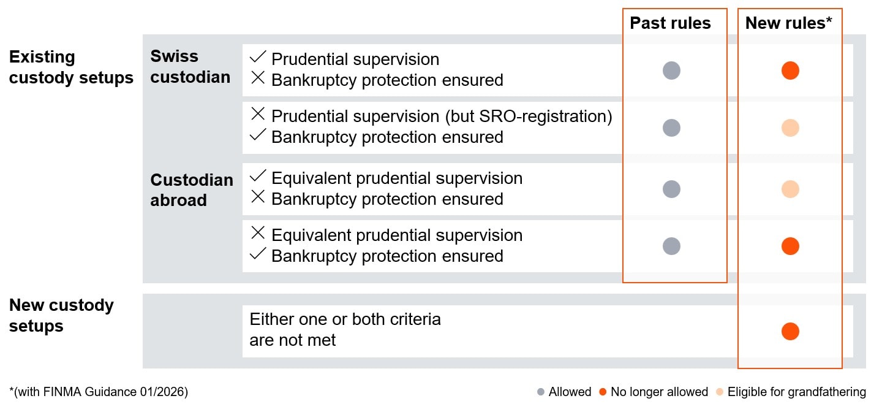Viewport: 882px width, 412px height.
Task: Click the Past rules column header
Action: [670, 23]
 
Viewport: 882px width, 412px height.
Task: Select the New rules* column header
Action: [788, 23]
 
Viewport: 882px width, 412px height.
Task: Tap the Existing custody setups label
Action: [71, 67]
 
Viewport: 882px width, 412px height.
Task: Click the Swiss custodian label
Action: [190, 66]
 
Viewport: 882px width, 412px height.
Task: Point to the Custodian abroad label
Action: [192, 190]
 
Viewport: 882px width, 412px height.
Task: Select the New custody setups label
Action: [61, 315]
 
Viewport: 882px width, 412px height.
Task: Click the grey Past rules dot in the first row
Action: [671, 71]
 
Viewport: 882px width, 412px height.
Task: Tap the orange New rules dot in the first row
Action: [790, 71]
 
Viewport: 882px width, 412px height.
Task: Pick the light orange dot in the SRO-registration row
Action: [790, 128]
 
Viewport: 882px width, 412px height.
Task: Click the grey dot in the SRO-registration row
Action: [671, 128]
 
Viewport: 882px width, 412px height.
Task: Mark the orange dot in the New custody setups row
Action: [790, 332]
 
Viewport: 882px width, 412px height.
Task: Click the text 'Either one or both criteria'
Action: [345, 319]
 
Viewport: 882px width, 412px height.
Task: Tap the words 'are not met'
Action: [292, 340]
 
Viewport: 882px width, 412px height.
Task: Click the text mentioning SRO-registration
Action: [441, 116]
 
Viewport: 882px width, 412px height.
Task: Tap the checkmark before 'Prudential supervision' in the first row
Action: [258, 58]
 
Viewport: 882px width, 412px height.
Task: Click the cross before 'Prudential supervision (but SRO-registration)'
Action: [258, 114]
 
